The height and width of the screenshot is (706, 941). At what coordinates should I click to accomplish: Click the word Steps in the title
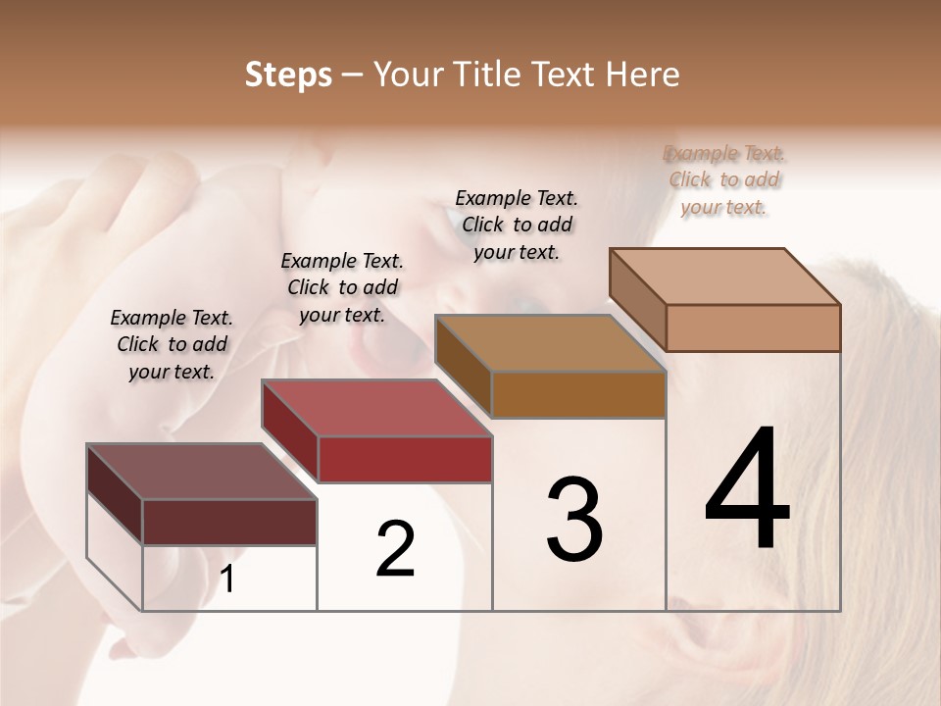coord(288,75)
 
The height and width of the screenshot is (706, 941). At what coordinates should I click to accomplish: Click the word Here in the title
coord(643,75)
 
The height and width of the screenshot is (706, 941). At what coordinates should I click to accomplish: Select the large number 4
coord(747,490)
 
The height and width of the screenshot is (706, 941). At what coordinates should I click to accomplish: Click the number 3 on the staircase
coord(574,520)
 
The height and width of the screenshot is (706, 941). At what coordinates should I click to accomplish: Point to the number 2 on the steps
coord(395,549)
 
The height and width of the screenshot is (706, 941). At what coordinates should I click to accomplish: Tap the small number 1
coord(227,579)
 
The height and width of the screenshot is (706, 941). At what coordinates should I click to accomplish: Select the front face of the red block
coord(405,459)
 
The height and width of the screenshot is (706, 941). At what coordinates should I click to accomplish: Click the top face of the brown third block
coord(549,343)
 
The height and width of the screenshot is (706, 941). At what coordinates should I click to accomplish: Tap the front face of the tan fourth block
coord(753,328)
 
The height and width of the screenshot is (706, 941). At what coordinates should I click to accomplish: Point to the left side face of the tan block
coord(637,298)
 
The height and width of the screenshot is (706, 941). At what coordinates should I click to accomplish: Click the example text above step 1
coord(172,344)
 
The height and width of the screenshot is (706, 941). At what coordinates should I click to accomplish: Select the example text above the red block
coord(342,287)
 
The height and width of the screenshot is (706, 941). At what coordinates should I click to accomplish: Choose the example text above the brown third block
coord(517,225)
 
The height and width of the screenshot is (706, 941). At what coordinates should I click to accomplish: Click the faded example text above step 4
coord(724,179)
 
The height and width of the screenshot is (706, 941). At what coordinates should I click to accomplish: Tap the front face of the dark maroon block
coord(229,522)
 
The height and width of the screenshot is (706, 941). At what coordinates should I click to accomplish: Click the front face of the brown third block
coord(578,395)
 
